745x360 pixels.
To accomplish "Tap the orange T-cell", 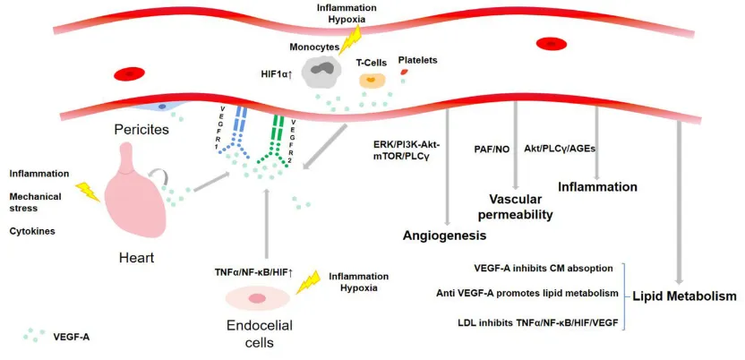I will (x=372, y=81).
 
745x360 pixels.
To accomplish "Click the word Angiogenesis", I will (x=444, y=236).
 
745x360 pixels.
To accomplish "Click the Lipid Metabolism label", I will (x=684, y=295).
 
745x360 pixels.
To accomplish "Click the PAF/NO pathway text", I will (x=492, y=149).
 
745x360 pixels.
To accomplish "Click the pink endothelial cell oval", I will (x=259, y=297).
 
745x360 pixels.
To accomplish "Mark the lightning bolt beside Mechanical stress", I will (x=88, y=192).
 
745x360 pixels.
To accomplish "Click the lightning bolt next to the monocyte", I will (x=351, y=39).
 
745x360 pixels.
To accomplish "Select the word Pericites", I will (x=142, y=130).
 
